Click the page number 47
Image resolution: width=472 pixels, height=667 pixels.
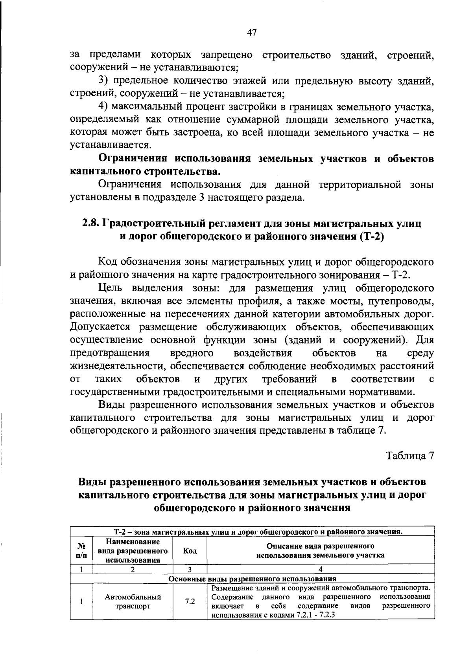[252, 33]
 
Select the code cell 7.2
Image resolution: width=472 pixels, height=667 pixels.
[190, 601]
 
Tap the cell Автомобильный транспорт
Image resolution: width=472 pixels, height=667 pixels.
[133, 601]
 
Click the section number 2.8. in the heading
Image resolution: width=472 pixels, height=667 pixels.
[91, 224]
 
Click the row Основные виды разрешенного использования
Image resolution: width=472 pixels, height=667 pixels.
[252, 579]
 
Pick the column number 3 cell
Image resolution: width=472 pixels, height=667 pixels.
[190, 569]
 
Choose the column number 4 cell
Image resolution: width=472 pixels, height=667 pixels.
[320, 569]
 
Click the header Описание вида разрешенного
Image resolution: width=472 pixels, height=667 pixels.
[320, 546]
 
